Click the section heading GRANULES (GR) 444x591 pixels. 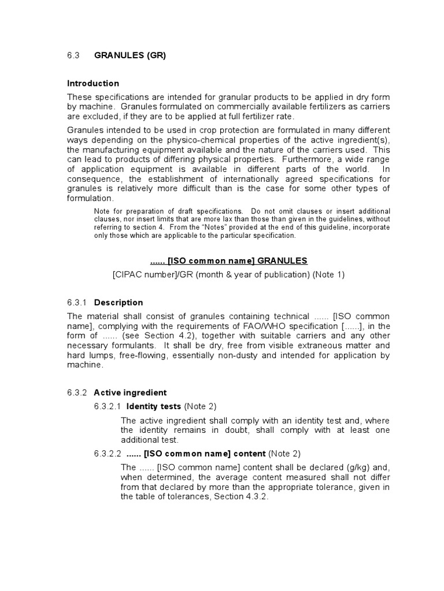[x=130, y=55]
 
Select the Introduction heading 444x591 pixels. [x=93, y=83]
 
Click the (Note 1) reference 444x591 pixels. [x=329, y=275]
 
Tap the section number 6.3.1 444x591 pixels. [x=76, y=302]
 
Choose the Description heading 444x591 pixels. [x=119, y=302]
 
